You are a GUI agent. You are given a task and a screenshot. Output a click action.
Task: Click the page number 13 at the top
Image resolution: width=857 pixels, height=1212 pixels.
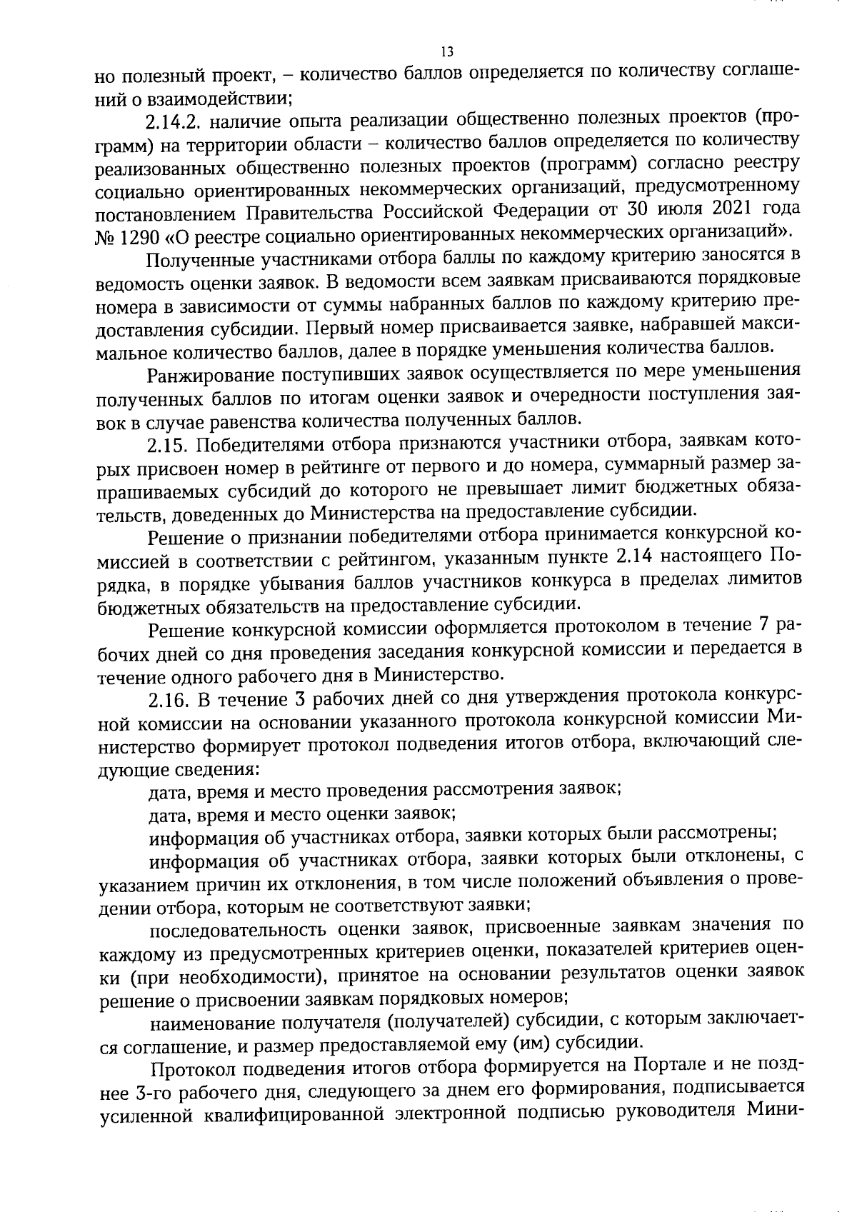(x=446, y=51)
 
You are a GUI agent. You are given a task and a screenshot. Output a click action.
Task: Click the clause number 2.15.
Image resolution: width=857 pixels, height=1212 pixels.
(x=168, y=445)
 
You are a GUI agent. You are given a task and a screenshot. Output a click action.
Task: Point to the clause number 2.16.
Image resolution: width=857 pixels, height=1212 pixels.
(x=168, y=698)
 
